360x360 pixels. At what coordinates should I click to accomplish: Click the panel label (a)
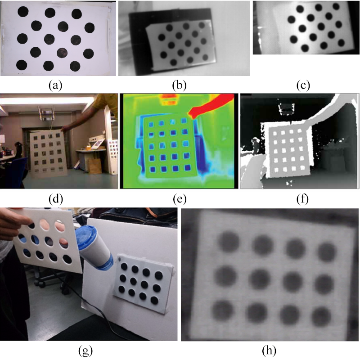click(55, 85)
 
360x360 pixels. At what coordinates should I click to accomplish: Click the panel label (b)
click(179, 85)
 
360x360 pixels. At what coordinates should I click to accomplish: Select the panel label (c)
click(303, 85)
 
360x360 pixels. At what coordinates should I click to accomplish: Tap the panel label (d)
click(56, 199)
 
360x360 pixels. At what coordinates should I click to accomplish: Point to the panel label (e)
click(180, 199)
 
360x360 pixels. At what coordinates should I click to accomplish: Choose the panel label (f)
click(302, 199)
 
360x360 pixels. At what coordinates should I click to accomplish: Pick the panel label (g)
click(85, 351)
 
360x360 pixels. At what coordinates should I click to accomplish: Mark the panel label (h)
click(269, 351)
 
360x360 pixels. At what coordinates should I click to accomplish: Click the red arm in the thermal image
click(210, 106)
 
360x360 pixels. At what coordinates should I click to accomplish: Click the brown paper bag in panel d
click(94, 166)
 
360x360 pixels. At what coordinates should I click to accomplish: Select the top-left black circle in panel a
click(23, 12)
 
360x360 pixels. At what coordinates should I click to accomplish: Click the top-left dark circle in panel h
click(228, 242)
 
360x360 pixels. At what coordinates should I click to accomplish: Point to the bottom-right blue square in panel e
click(188, 168)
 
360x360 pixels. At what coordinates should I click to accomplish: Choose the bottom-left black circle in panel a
click(22, 65)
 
